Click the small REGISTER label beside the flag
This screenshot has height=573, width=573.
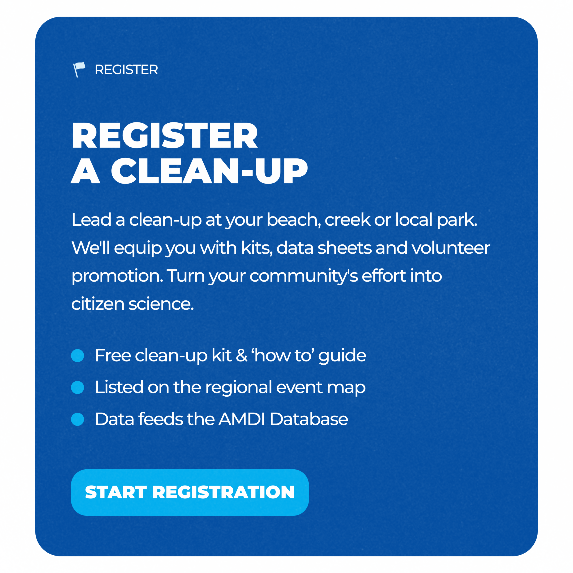(126, 70)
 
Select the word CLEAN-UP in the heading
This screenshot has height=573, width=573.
(209, 171)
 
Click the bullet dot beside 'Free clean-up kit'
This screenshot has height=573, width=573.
(78, 356)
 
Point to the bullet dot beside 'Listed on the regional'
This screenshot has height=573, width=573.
(78, 387)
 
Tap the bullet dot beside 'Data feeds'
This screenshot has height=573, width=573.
(78, 419)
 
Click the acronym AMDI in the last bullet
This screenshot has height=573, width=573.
(242, 419)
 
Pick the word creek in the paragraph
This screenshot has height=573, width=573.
(348, 220)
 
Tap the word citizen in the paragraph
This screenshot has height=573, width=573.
(98, 304)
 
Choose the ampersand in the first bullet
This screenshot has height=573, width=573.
(242, 356)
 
